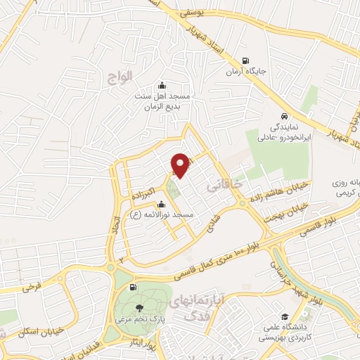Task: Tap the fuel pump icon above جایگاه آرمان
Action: tap(245, 60)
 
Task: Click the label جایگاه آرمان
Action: tap(244, 72)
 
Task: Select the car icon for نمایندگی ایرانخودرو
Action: tap(283, 116)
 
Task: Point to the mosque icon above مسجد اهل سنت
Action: tap(162, 86)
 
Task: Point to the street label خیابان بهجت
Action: tap(287, 211)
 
